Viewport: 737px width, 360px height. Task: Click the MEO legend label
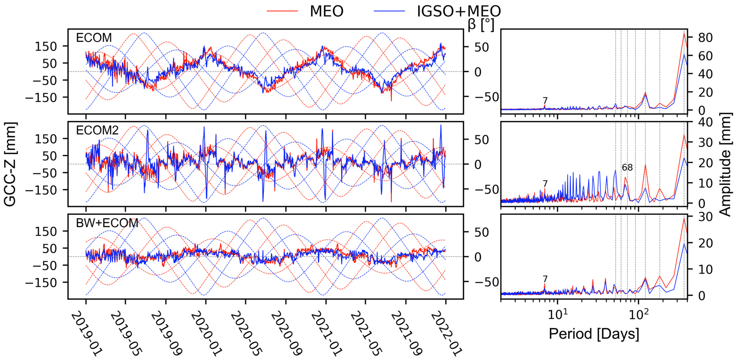(x=326, y=11)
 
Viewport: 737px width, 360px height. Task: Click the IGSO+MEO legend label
(x=459, y=11)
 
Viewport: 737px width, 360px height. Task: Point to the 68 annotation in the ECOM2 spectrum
(x=627, y=167)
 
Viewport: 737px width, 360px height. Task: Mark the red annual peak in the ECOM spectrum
(x=684, y=33)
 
